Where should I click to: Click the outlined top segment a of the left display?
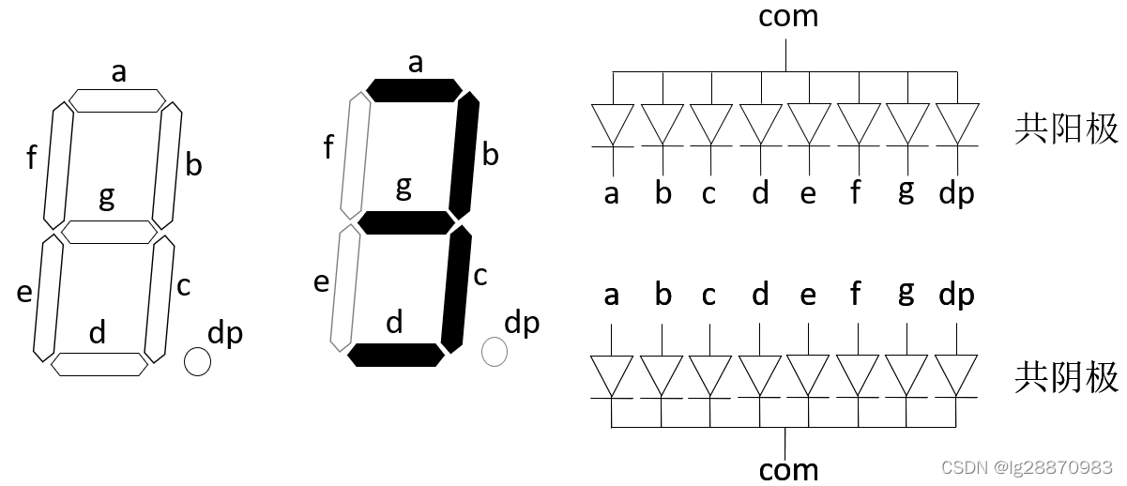pos(117,100)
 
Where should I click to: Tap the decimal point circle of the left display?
pos(197,361)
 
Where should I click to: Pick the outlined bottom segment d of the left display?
pos(99,363)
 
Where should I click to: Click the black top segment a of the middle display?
pos(414,90)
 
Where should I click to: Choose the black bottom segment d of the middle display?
pos(396,355)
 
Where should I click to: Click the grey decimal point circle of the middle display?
pos(495,352)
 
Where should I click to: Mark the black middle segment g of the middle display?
pos(405,222)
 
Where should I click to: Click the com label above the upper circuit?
pos(788,16)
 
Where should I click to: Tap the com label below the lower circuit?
pos(788,468)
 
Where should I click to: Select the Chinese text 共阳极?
pos(1066,129)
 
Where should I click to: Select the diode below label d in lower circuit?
pos(760,376)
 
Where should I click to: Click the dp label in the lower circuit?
pos(956,295)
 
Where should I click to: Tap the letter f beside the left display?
pos(31,157)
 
